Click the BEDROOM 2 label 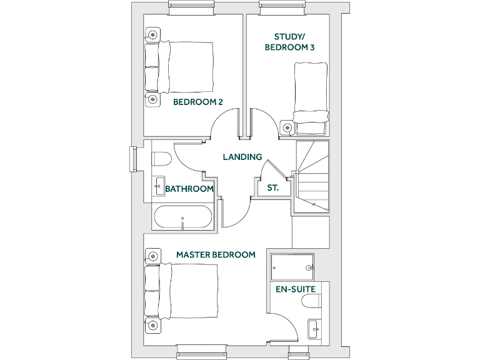click(x=197, y=102)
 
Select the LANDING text click(x=242, y=157)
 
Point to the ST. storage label click(x=272, y=187)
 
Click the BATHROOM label click(x=189, y=189)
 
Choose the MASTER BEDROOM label click(x=216, y=255)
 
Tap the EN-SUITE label click(x=296, y=289)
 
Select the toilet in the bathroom click(x=161, y=159)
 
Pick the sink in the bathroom click(x=159, y=186)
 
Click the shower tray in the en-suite click(x=292, y=267)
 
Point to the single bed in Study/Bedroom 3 click(x=310, y=97)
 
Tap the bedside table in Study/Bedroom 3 click(x=287, y=127)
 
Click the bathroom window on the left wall click(x=132, y=158)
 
